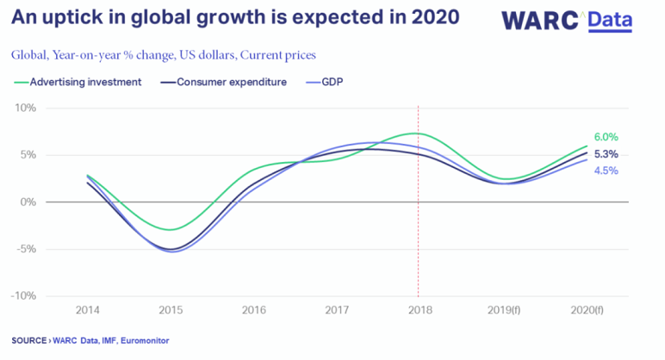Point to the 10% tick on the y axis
point(24,109)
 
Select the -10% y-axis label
point(22,296)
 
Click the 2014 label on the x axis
point(87,308)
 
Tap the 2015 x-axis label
point(170,308)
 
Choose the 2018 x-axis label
point(419,308)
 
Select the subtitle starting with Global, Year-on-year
point(164,55)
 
